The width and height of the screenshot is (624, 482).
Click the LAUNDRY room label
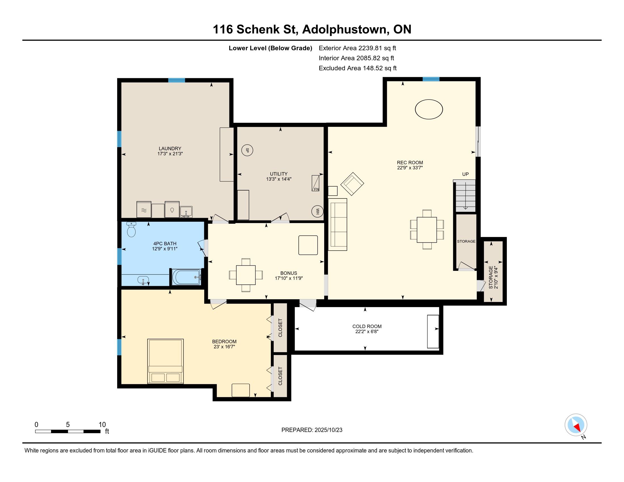170,149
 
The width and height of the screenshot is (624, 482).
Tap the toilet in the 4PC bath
131,229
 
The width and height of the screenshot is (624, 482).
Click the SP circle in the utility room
247,150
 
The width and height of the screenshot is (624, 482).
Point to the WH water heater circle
317,211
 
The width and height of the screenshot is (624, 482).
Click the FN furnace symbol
315,183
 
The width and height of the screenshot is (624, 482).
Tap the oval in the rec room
429,109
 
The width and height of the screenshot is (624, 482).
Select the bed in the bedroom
165,361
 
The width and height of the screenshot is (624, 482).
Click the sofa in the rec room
338,225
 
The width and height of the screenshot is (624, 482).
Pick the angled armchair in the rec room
352,184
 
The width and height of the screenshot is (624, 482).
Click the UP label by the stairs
465,174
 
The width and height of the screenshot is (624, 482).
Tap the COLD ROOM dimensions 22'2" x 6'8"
367,331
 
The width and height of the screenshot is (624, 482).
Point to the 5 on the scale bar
68,425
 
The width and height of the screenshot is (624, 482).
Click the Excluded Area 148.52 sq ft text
358,68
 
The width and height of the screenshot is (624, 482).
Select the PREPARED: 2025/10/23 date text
312,430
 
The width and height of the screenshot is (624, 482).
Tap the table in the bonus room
246,275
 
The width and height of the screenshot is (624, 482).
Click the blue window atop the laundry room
177,80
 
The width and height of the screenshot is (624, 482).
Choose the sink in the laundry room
186,212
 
